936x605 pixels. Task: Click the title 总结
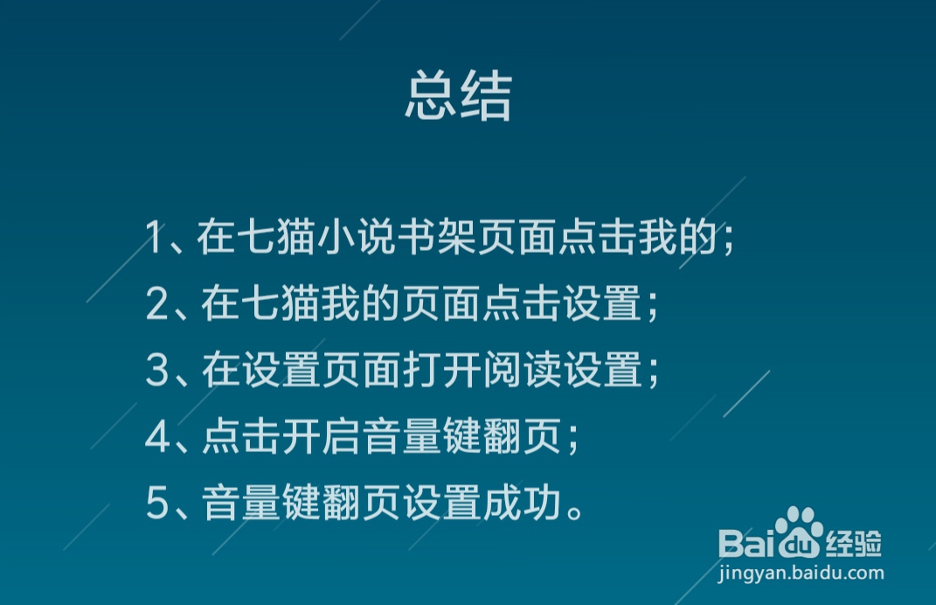tap(459, 95)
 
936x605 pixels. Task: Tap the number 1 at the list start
tap(155, 237)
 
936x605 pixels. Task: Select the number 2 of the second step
tap(157, 303)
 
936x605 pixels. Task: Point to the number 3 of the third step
tap(157, 370)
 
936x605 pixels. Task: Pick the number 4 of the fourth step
tap(157, 436)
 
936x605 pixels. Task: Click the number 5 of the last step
tap(157, 503)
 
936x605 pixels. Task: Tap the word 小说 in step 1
tap(357, 237)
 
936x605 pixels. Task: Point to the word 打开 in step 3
tap(442, 370)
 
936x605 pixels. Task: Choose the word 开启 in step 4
tap(321, 436)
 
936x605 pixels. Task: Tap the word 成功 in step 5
tap(523, 503)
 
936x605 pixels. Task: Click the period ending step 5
tap(575, 511)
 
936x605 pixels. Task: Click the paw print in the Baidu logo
tap(800, 532)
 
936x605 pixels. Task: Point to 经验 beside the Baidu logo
tap(854, 543)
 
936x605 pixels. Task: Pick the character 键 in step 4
tap(462, 436)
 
